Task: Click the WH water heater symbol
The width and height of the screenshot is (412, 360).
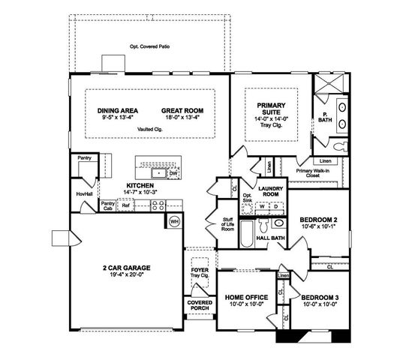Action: (174, 221)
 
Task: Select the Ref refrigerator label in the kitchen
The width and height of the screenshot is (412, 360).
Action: (126, 204)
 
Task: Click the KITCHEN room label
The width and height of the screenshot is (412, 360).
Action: (140, 185)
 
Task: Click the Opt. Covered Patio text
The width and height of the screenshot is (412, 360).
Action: (150, 46)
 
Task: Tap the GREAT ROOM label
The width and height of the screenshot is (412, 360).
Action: (182, 111)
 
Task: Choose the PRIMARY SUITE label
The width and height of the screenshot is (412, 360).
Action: (268, 109)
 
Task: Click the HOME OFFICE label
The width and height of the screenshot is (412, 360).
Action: (246, 298)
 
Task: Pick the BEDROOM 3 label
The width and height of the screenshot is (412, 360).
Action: (318, 298)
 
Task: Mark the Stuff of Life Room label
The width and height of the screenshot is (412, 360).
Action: (227, 223)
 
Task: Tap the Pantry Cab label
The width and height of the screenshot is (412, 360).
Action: (107, 204)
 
